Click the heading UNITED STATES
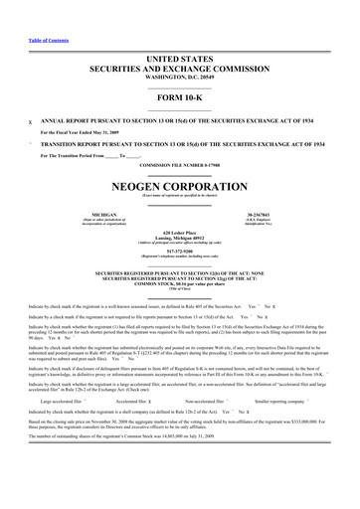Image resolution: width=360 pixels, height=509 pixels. pyautogui.click(x=180, y=60)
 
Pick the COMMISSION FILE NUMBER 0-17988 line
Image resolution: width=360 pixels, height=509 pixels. pyautogui.click(x=180, y=163)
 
